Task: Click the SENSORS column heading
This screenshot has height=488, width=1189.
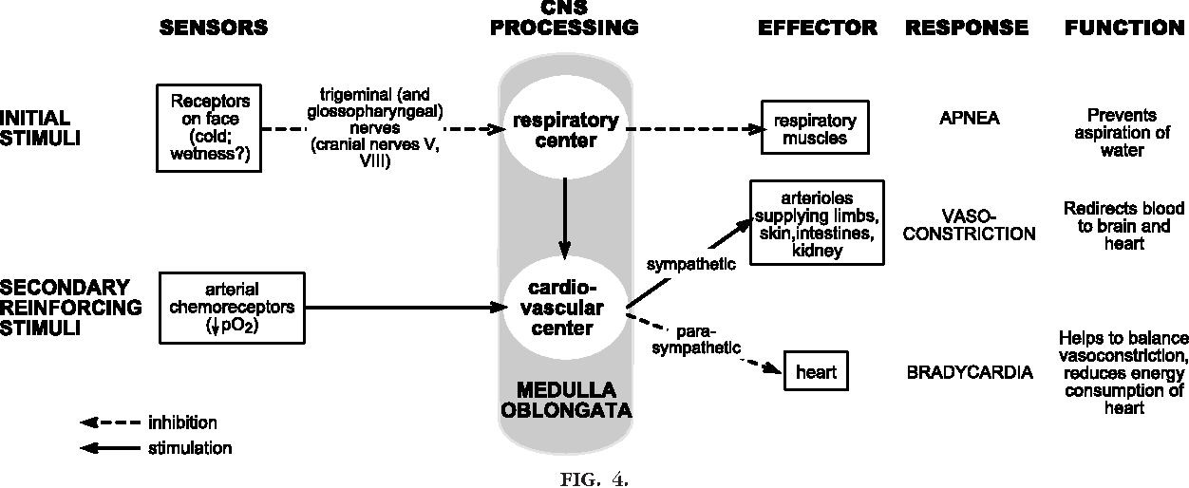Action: [213, 28]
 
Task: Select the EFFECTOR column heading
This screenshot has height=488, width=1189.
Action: [817, 28]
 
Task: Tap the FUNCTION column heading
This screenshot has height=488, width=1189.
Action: [1125, 28]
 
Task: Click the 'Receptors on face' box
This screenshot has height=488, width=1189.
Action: [210, 127]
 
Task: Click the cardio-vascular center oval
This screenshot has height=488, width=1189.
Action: [565, 307]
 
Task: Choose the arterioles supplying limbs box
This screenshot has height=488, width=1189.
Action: [817, 223]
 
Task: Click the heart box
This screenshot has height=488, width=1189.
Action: [816, 371]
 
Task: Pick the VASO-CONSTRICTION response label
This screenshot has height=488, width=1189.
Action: [969, 225]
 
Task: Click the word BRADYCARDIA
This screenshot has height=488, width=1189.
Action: [969, 372]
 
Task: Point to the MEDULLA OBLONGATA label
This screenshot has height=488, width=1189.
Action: [565, 401]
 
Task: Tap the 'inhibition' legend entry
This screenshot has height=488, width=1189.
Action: [183, 422]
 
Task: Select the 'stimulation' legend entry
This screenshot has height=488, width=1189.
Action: [190, 447]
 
